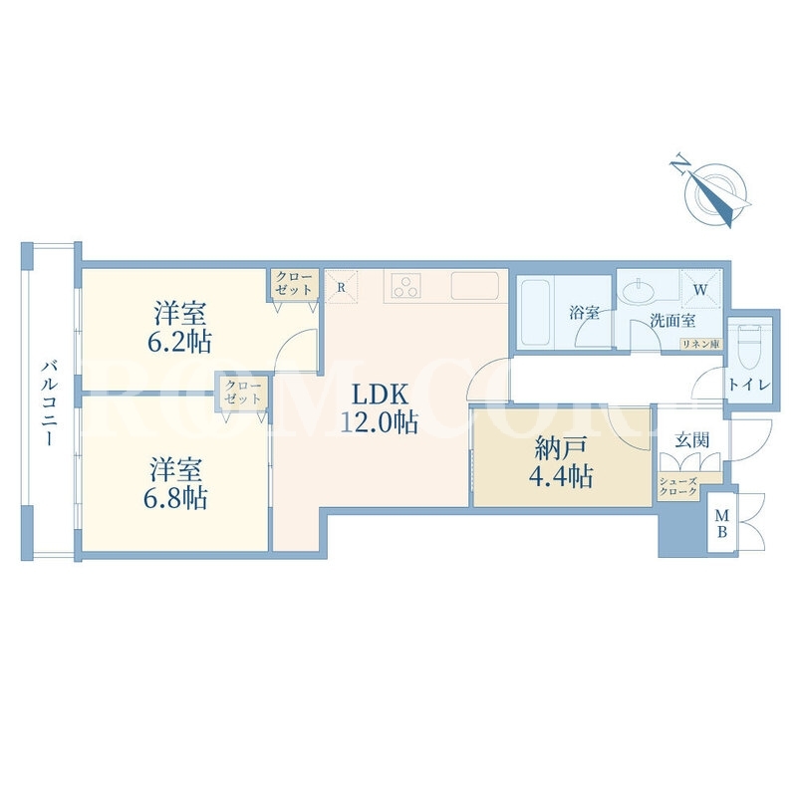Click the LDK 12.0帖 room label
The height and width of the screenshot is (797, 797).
[x=380, y=408]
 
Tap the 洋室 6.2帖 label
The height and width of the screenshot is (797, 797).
[x=180, y=329]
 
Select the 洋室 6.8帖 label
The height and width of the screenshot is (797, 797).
[x=175, y=484]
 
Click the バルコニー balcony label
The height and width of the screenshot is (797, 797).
[x=49, y=402]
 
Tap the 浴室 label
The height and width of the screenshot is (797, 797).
[x=584, y=312]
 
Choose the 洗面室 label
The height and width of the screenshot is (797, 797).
[x=673, y=321]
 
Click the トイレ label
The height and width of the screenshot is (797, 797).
[x=750, y=385]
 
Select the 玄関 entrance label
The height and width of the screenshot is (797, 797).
[x=692, y=439]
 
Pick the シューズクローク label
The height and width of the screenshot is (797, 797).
[x=678, y=487]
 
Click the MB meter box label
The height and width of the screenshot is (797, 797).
[x=721, y=524]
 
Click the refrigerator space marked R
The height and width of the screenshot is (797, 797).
[x=341, y=287]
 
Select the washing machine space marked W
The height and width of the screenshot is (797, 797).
[x=701, y=290]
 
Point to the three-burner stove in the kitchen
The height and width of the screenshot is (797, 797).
[x=406, y=285]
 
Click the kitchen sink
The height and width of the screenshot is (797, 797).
[x=475, y=286]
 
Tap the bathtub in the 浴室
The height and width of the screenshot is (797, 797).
[x=535, y=312]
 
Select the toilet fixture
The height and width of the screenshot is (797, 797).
[x=750, y=348]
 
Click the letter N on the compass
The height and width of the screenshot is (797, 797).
[x=680, y=165]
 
